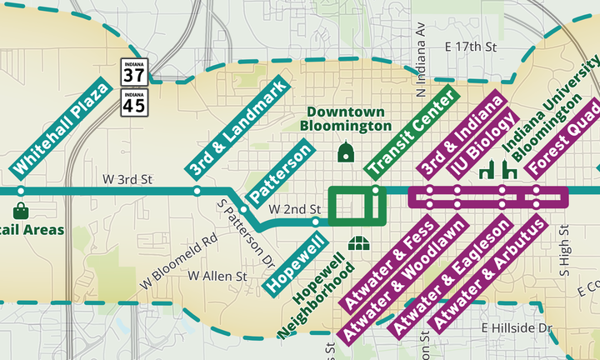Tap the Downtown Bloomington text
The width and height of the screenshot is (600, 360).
pos(346,119)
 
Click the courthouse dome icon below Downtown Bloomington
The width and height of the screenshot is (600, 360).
pos(346,152)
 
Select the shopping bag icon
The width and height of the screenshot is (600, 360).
pos(21,209)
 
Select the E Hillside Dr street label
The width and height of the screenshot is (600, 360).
pos(517,328)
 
